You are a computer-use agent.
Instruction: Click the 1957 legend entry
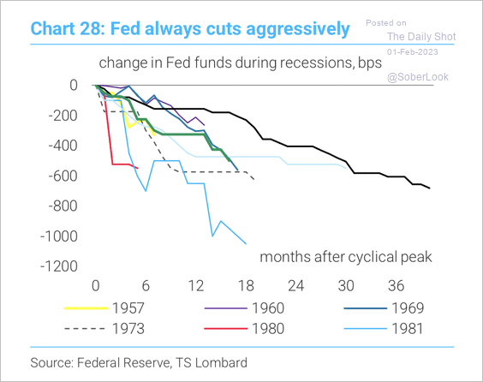pyautogui.click(x=104, y=308)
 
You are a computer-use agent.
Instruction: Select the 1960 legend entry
pyautogui.click(x=244, y=308)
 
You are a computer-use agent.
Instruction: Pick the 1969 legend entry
pyautogui.click(x=384, y=308)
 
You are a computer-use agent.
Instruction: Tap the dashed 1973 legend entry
pyautogui.click(x=104, y=328)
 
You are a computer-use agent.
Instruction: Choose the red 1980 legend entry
pyautogui.click(x=244, y=328)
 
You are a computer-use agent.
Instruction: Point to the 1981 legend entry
pyautogui.click(x=384, y=328)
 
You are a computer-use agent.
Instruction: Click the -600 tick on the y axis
pyautogui.click(x=63, y=176)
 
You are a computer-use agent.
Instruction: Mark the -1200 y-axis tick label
pyautogui.click(x=59, y=266)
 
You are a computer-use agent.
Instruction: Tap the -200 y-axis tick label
pyautogui.click(x=63, y=116)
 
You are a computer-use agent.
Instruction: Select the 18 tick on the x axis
pyautogui.click(x=246, y=286)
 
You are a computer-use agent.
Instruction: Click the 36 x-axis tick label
pyautogui.click(x=397, y=286)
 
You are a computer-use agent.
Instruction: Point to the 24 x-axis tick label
pyautogui.click(x=296, y=286)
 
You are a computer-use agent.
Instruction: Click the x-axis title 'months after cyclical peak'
pyautogui.click(x=346, y=257)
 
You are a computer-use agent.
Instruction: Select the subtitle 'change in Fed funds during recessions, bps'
pyautogui.click(x=241, y=63)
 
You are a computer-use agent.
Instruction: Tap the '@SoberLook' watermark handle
pyautogui.click(x=418, y=77)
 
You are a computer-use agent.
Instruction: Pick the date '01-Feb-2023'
pyautogui.click(x=413, y=51)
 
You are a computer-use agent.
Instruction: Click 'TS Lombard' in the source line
pyautogui.click(x=212, y=362)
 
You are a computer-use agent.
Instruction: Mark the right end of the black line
pyautogui.click(x=430, y=188)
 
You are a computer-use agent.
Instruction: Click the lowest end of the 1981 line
pyautogui.click(x=246, y=244)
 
